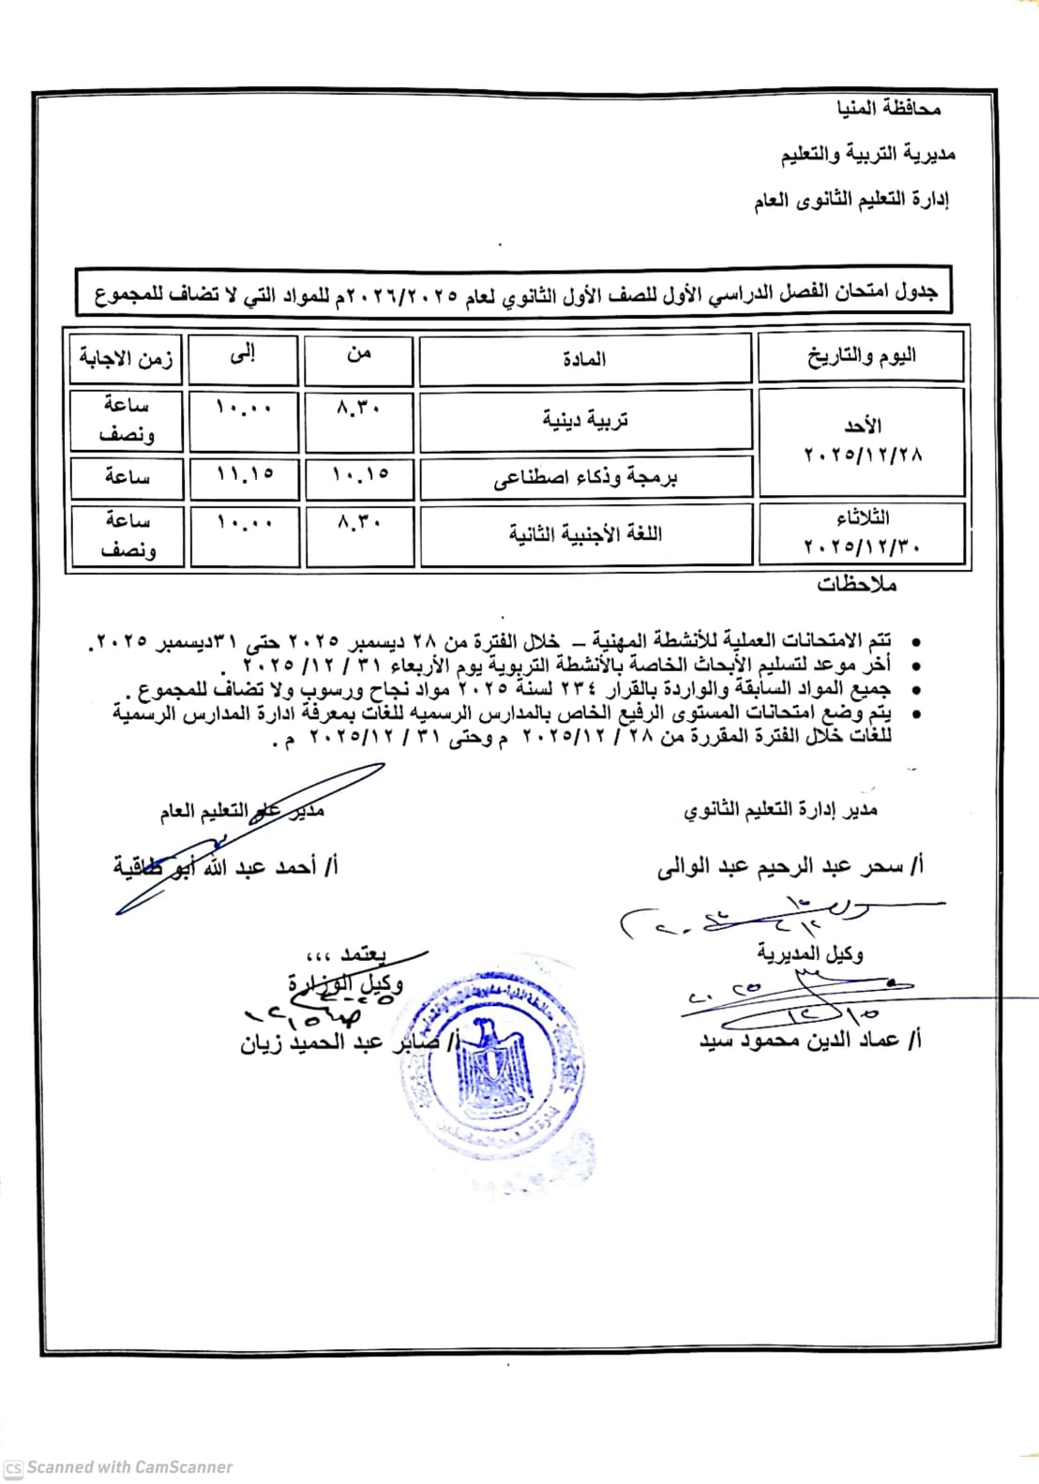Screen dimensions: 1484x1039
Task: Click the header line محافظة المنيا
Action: click(888, 109)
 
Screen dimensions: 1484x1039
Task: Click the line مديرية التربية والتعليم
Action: click(868, 154)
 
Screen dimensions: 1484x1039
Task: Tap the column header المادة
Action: click(584, 359)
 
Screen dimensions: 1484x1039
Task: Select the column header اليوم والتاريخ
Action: click(861, 356)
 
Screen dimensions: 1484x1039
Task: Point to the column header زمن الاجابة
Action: click(126, 358)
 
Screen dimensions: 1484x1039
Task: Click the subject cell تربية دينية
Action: click(585, 420)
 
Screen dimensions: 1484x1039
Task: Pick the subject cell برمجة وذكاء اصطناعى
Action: click(585, 478)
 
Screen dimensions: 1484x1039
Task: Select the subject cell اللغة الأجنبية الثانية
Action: click(585, 534)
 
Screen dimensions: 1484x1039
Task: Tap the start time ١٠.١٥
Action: click(359, 475)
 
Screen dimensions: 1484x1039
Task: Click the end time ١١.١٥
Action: click(244, 475)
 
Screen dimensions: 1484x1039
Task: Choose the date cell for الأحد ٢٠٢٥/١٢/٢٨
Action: click(862, 441)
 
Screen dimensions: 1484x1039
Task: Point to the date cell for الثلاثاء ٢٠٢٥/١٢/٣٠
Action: click(862, 532)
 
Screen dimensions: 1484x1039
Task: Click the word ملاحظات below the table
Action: click(856, 585)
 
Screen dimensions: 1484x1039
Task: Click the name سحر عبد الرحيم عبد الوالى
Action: click(790, 866)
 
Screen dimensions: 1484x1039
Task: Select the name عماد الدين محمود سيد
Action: click(810, 1040)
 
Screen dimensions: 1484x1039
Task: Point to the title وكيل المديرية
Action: click(809, 953)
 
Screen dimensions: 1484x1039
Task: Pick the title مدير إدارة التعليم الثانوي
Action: click(780, 810)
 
